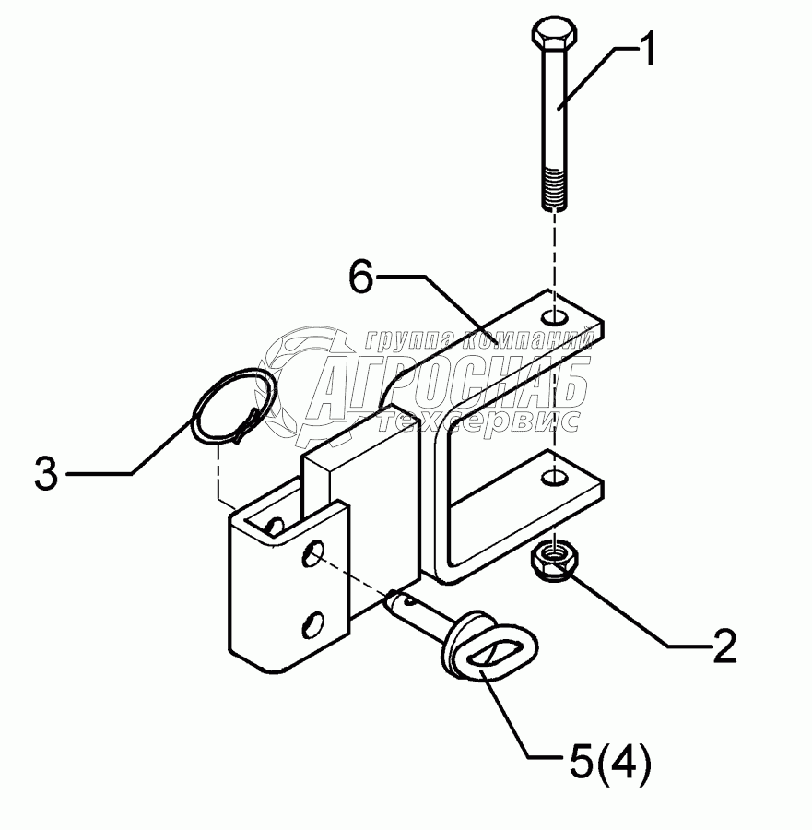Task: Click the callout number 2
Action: coord(724,647)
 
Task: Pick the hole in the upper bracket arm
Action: coord(554,319)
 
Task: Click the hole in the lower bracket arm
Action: coord(553,479)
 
